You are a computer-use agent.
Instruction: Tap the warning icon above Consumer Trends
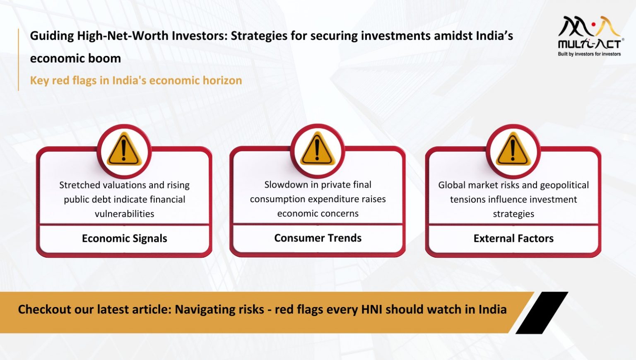pos(318,150)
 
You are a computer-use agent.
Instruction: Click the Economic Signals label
pos(124,239)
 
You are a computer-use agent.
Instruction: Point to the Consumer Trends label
pos(318,238)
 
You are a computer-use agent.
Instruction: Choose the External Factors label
pos(513,239)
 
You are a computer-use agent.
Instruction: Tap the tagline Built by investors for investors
pos(589,54)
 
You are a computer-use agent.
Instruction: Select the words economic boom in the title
pos(75,58)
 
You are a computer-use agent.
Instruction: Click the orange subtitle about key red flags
pos(136,80)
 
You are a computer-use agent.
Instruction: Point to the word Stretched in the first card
pos(79,185)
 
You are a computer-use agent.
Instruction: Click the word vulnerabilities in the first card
pos(124,214)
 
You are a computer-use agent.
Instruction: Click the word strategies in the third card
pos(513,214)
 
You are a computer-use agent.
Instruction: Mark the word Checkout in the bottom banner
pos(44,309)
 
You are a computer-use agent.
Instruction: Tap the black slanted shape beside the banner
pos(542,313)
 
